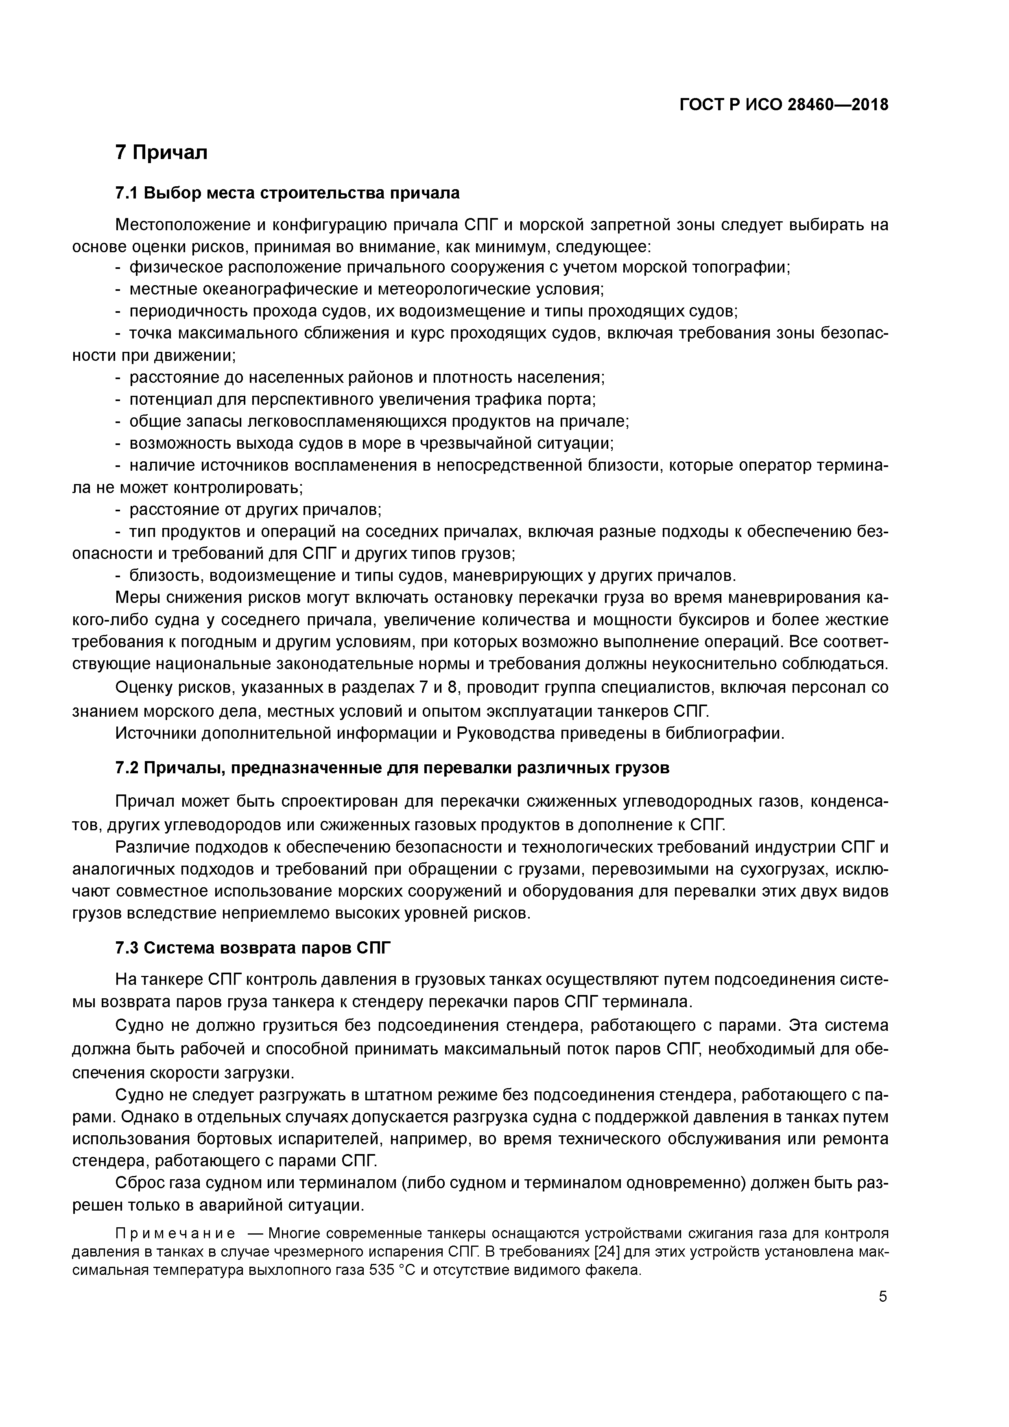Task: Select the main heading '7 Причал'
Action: pos(162,152)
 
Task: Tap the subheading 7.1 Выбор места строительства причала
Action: pos(287,193)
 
